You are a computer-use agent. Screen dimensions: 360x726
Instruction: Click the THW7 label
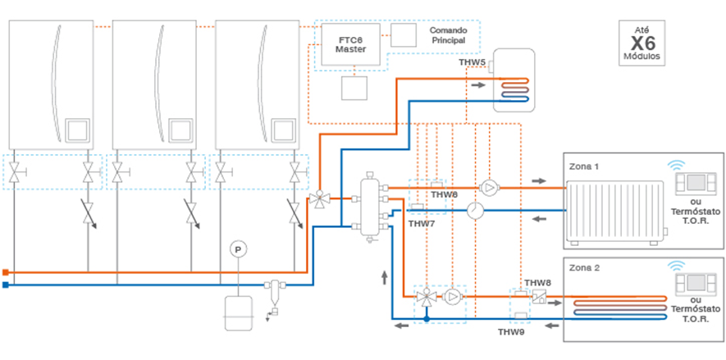pos(421,223)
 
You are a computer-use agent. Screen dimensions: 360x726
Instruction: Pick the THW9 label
pos(511,331)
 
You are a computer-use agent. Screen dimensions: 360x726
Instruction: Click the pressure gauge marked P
pos(238,248)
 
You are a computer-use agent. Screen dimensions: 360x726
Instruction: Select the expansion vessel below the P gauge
pos(238,312)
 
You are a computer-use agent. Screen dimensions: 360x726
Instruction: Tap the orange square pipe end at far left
pos(6,271)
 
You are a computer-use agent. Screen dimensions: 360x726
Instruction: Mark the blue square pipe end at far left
pos(6,285)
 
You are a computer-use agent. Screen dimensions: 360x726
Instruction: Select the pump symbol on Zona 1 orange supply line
pos(490,188)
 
